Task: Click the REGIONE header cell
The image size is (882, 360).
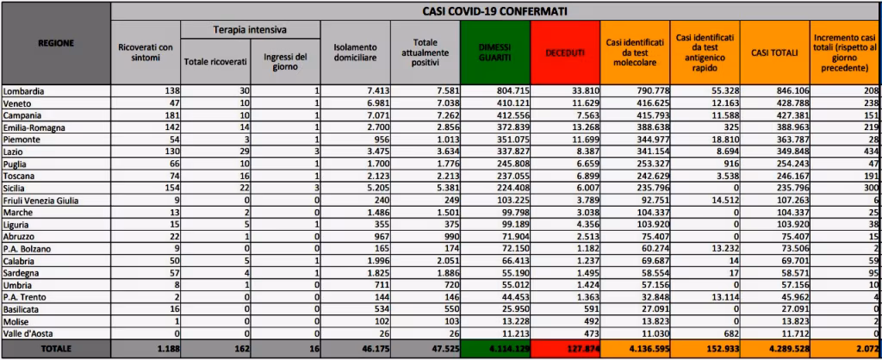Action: tap(56, 42)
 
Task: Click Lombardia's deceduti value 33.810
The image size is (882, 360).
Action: tap(581, 90)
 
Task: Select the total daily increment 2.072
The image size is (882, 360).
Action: tap(862, 348)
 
